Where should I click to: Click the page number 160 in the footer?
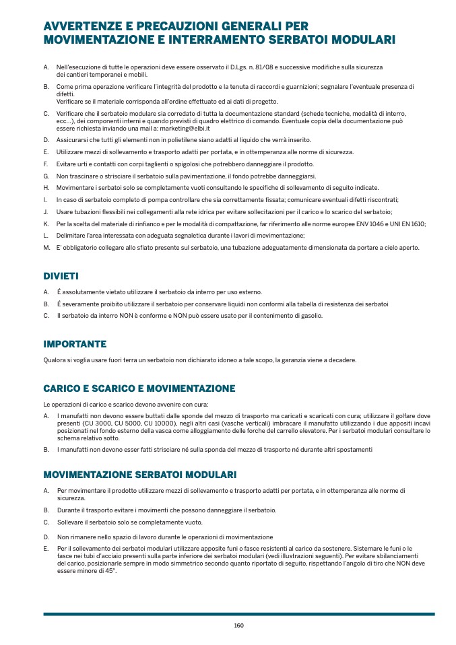click(x=238, y=625)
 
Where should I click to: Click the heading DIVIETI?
click(x=61, y=277)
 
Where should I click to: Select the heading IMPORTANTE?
click(x=75, y=344)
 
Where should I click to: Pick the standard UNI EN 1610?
click(x=406, y=224)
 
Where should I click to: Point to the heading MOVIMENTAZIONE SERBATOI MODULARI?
click(x=139, y=475)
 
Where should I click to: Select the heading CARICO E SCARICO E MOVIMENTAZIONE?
click(x=139, y=388)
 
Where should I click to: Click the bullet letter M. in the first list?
click(x=46, y=248)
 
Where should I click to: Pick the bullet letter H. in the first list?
click(x=46, y=187)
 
